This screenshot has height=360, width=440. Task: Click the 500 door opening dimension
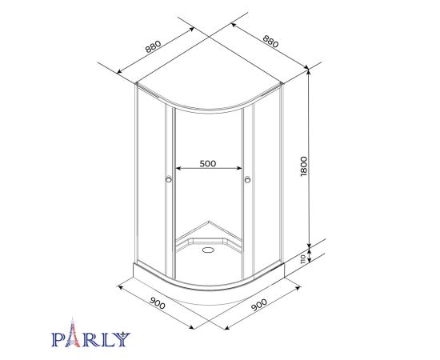(x=208, y=163)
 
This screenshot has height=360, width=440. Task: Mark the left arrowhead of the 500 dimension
(x=178, y=168)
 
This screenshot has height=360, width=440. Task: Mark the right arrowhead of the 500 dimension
(x=241, y=168)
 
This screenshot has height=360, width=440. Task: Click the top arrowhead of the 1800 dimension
(x=307, y=73)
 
